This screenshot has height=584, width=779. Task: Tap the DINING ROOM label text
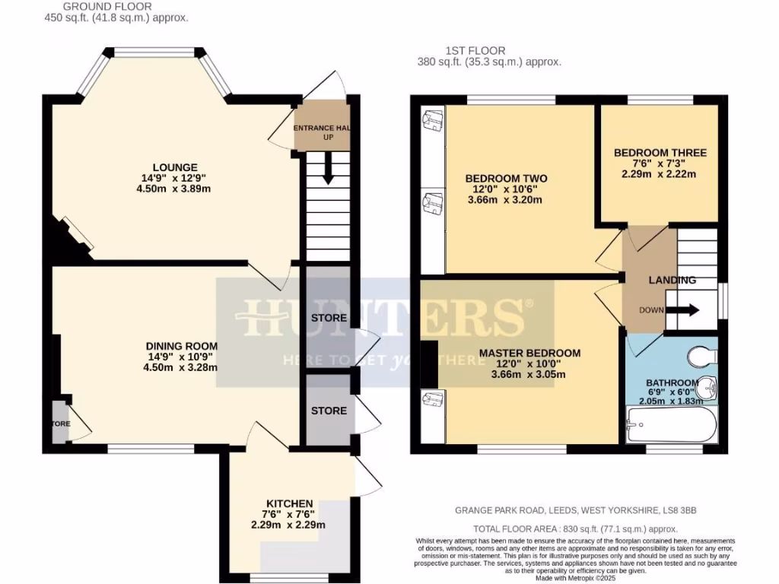[x=183, y=344]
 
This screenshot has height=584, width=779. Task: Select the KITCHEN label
[x=289, y=503]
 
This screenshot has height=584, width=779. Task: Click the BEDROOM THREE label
[x=660, y=153]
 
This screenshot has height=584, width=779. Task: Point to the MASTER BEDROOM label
[x=529, y=353]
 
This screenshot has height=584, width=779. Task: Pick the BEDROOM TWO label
[x=506, y=179]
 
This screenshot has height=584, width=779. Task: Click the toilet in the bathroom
[x=701, y=355]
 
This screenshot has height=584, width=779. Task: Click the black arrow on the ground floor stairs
[x=328, y=168]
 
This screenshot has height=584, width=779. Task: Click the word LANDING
[x=672, y=280]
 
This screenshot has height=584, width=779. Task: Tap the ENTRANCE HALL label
[x=323, y=128]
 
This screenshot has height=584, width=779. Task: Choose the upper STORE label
[x=329, y=318]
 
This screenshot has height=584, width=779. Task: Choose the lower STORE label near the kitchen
[x=329, y=411]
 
